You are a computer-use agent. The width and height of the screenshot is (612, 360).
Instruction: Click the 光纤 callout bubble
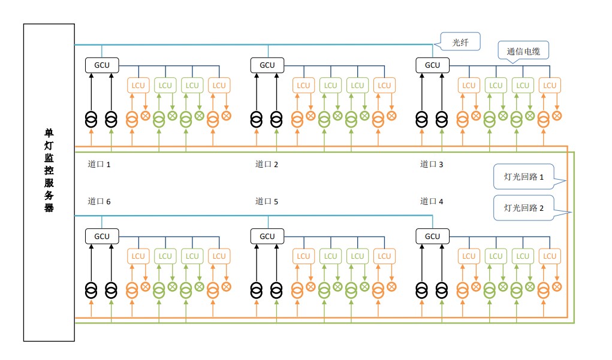(x=460, y=42)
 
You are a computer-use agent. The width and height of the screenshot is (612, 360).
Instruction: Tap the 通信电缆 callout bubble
(x=523, y=51)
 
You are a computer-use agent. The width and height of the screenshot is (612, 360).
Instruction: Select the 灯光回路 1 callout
(x=524, y=177)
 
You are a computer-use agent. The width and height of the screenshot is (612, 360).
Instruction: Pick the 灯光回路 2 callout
(x=524, y=208)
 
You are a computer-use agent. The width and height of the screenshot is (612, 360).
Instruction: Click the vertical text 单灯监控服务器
(x=49, y=170)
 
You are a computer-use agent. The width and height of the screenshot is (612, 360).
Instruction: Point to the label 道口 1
(x=99, y=164)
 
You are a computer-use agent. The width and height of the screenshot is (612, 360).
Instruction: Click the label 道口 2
(x=267, y=164)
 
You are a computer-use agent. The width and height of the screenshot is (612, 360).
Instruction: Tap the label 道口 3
(x=432, y=164)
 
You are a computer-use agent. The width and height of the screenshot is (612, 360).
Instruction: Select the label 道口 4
(x=432, y=201)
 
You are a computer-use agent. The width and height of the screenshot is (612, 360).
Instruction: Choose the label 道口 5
(x=267, y=201)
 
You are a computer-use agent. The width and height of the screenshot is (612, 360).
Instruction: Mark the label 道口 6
(x=99, y=201)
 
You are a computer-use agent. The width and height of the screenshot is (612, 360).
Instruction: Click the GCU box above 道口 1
(x=102, y=65)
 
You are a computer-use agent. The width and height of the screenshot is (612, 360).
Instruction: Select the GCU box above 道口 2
(x=267, y=65)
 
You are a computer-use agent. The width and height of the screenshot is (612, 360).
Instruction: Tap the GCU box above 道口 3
(x=432, y=65)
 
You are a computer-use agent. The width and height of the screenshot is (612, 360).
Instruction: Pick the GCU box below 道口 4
(x=432, y=237)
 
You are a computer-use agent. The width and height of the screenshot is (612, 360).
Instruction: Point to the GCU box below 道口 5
(x=267, y=237)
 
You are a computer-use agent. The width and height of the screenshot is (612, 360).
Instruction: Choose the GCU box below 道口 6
(x=102, y=237)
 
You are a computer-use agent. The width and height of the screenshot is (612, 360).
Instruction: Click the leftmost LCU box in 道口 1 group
(x=138, y=86)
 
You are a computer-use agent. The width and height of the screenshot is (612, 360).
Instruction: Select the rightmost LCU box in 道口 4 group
(x=550, y=256)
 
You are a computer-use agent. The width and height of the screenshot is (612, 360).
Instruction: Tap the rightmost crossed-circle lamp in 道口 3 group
(x=557, y=116)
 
